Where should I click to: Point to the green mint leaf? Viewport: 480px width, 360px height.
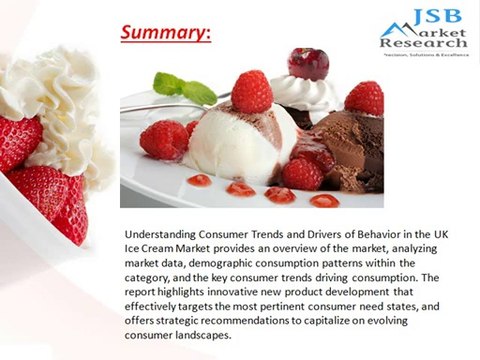pyautogui.click(x=185, y=88)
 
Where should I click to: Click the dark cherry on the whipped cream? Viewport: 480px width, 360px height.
pyautogui.click(x=308, y=63)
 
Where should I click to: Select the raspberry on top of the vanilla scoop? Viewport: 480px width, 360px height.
pyautogui.click(x=251, y=91)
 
